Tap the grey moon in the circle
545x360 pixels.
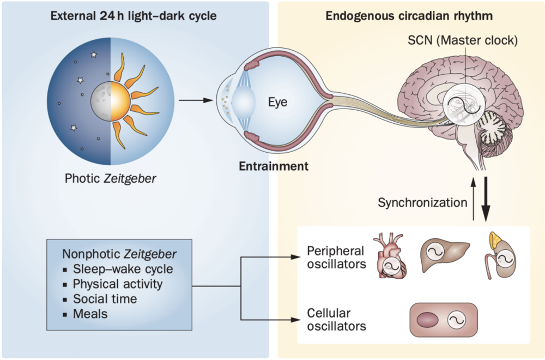tap(100, 102)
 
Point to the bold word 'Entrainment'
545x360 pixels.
tap(274, 165)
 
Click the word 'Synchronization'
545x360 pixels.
tap(423, 203)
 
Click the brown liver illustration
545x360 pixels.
tap(444, 252)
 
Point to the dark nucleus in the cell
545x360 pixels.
tap(428, 320)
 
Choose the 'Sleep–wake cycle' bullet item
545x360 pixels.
tap(123, 269)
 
